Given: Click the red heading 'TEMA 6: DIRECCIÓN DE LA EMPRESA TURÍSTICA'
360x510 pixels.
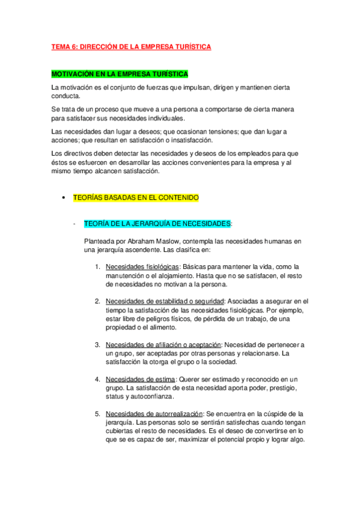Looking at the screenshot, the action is (131, 47).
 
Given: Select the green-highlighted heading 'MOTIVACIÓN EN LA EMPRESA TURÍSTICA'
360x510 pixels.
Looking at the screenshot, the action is (120, 74).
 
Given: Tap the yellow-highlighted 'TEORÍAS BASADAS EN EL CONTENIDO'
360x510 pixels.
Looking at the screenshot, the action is (136, 197).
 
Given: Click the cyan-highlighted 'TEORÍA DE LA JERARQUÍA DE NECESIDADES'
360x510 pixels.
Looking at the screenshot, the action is (157, 224).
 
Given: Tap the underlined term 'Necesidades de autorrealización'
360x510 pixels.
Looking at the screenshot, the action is (154, 414).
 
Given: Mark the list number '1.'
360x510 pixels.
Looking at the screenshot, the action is (97, 266).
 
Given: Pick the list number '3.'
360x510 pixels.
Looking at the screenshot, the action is (97, 345).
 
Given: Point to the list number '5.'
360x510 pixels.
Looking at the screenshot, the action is (97, 414).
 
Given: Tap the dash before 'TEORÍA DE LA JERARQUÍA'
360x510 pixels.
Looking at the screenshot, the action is (73, 224).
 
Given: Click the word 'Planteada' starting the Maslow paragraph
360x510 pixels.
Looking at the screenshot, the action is (100, 241).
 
